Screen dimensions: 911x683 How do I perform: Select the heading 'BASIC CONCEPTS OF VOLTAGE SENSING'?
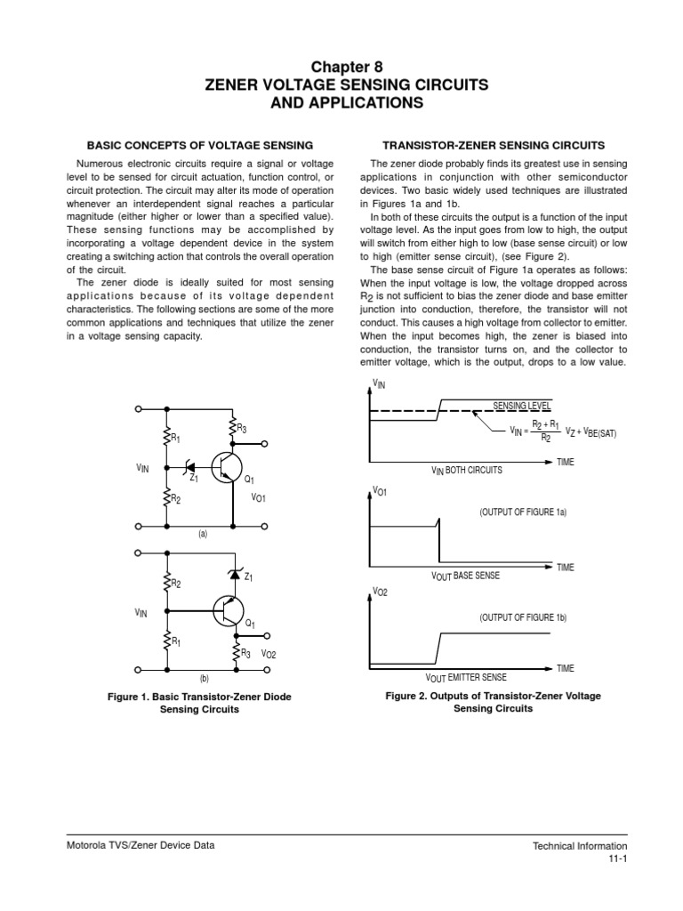click(x=198, y=144)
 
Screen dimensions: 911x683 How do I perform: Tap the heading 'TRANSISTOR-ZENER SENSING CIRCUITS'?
click(x=493, y=144)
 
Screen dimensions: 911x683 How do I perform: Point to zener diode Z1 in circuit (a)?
click(x=189, y=465)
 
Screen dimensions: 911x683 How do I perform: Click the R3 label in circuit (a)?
click(x=241, y=430)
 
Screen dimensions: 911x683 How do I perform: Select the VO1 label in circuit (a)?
click(x=260, y=499)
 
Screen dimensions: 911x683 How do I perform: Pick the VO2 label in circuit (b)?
click(x=269, y=655)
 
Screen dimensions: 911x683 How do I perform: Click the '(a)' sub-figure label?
click(x=203, y=534)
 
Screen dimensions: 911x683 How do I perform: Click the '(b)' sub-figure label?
click(x=203, y=678)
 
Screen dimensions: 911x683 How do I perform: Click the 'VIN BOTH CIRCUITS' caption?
click(x=466, y=470)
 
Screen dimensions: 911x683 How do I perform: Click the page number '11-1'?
click(x=618, y=859)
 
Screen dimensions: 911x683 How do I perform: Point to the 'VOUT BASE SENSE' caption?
click(x=465, y=576)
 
